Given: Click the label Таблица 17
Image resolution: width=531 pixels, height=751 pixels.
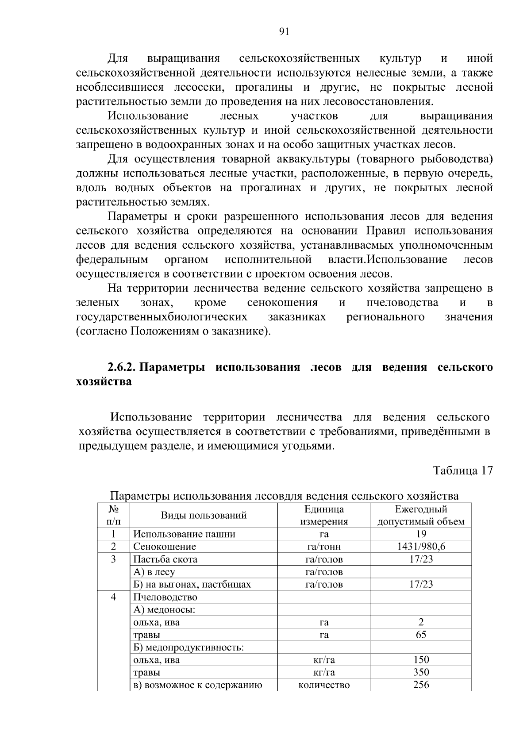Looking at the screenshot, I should pos(462,470).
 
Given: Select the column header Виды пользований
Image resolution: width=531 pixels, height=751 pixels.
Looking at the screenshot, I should pos(203,515).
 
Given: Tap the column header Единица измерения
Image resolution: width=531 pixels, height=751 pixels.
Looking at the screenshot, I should pos(324,515).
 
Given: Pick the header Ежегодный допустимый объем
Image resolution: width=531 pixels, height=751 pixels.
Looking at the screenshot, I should pos(421,515).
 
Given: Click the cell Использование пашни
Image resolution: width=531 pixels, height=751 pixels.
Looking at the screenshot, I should pos(184,534).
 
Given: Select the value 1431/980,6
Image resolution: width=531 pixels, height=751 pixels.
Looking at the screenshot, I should pos(421,547).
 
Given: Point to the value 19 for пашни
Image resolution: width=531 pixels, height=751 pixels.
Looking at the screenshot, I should pos(421,534).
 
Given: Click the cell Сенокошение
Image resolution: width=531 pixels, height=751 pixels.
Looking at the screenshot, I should pos(165,547).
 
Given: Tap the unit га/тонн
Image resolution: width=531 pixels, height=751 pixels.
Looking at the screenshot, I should pos(324,547).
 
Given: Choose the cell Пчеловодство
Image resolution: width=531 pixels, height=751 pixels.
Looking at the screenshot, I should pos(165,597).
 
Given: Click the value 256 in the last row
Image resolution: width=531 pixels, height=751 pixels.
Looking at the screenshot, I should pos(421,685).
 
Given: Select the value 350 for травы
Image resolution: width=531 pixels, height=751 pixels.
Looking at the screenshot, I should pos(421,672).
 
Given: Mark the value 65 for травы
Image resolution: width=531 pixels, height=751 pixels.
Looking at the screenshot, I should pos(421,635).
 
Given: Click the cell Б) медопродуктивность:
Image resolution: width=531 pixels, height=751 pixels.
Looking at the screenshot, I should pos(188,647).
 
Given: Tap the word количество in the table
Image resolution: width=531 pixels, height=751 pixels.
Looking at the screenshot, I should pos(324,685).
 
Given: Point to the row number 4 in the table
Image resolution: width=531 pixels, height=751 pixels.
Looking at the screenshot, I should pos(113,597).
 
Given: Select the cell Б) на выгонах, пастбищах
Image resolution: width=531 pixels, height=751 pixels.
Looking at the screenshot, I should pos(192,584).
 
